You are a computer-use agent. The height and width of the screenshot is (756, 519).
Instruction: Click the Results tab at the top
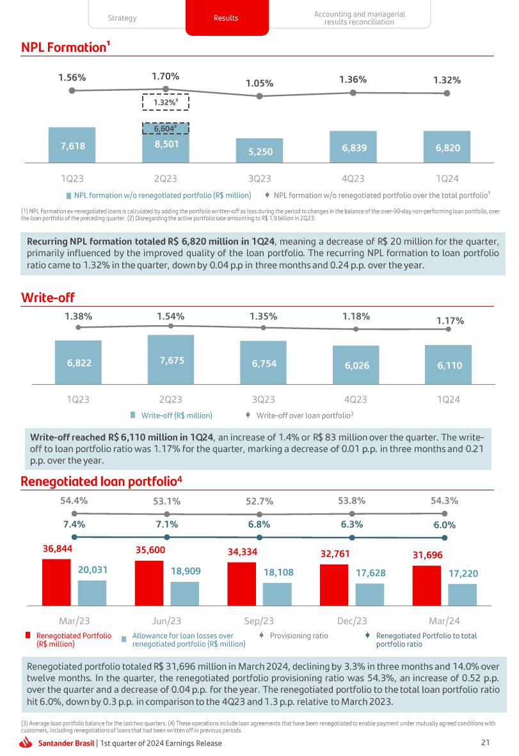(225, 18)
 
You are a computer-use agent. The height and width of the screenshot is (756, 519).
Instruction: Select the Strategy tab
(122, 18)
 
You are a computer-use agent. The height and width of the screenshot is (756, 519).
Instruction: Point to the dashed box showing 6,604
(165, 129)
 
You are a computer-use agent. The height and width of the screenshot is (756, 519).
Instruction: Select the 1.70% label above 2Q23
(166, 76)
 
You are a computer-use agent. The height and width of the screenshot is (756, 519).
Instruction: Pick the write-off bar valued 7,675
(171, 360)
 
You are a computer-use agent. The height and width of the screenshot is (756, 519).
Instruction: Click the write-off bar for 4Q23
(355, 366)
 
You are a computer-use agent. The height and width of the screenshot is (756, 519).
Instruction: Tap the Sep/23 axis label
(259, 621)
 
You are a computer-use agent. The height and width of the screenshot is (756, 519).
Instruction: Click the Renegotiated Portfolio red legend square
(28, 635)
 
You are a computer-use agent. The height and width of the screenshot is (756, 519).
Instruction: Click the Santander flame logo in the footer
(27, 743)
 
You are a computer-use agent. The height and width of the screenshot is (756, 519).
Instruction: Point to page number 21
(484, 743)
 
